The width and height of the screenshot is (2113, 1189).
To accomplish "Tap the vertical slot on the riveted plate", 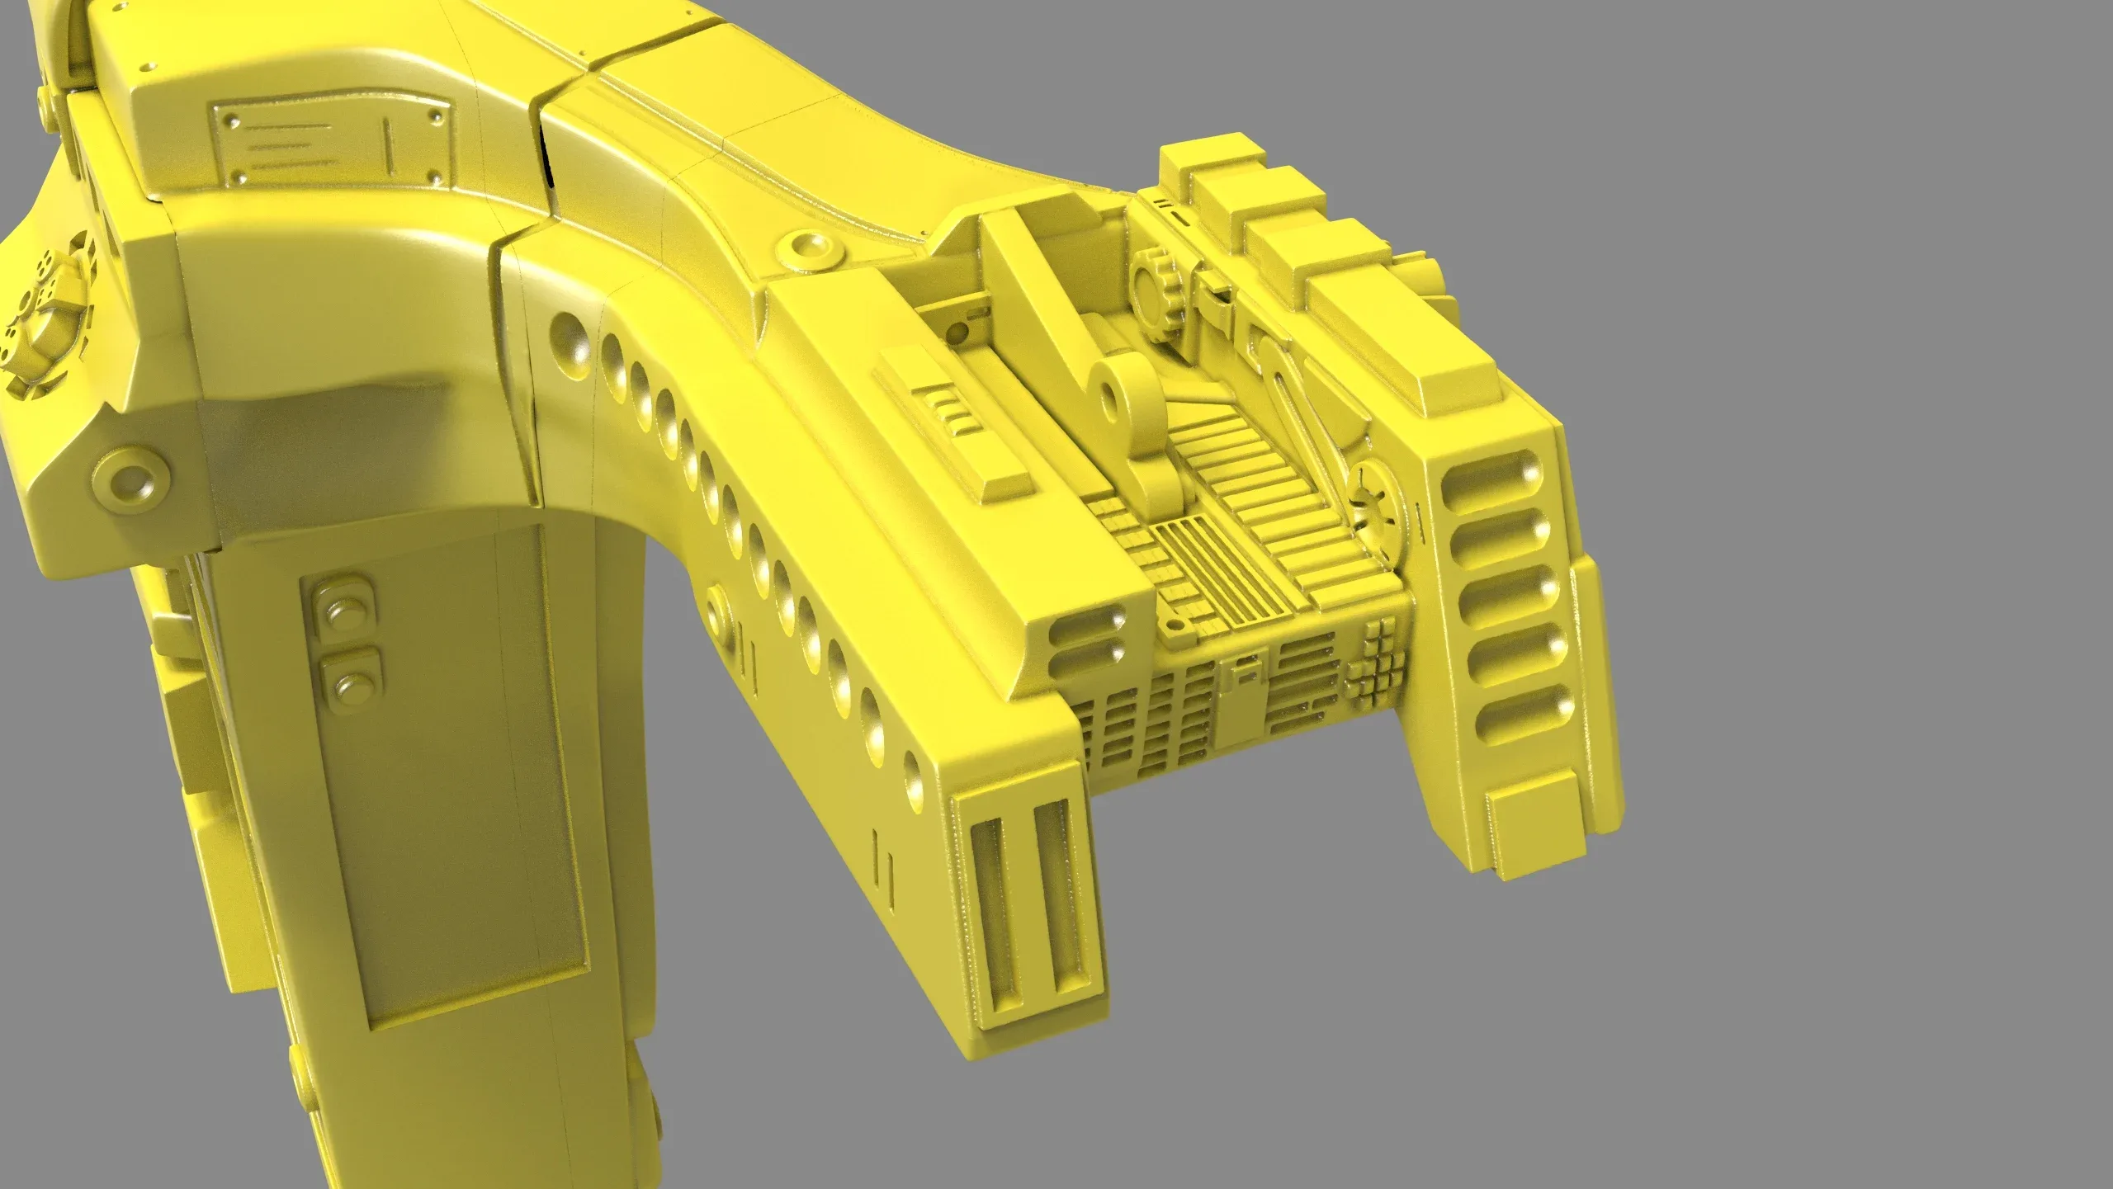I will click(389, 149).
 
